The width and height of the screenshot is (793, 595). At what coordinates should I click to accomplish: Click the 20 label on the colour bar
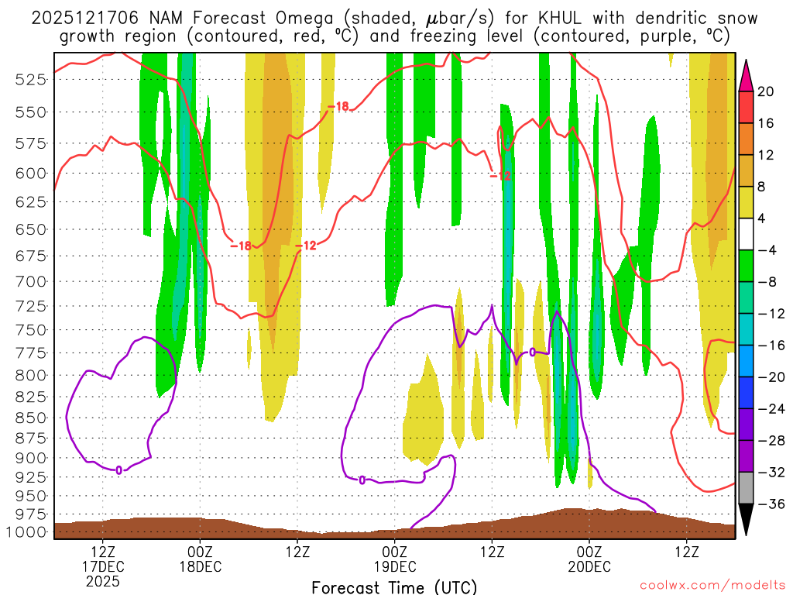click(x=766, y=91)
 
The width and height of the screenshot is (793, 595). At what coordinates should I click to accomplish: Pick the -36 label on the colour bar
click(x=769, y=504)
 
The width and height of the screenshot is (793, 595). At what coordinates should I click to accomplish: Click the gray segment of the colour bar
click(x=747, y=487)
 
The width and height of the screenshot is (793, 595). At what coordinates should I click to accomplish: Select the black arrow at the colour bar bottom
click(x=747, y=519)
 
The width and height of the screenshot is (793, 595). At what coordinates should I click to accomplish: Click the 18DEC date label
click(x=201, y=566)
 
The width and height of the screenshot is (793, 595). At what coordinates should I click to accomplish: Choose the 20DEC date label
click(x=589, y=566)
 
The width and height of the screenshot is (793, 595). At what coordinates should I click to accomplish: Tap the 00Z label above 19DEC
click(x=395, y=552)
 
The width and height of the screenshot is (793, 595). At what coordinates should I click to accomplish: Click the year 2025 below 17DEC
click(x=104, y=580)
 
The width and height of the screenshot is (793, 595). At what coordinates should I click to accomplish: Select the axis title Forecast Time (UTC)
click(x=394, y=586)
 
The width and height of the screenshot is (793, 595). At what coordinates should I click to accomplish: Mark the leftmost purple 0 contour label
click(x=118, y=469)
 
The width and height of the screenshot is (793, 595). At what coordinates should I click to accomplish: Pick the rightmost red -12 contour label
click(x=500, y=176)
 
